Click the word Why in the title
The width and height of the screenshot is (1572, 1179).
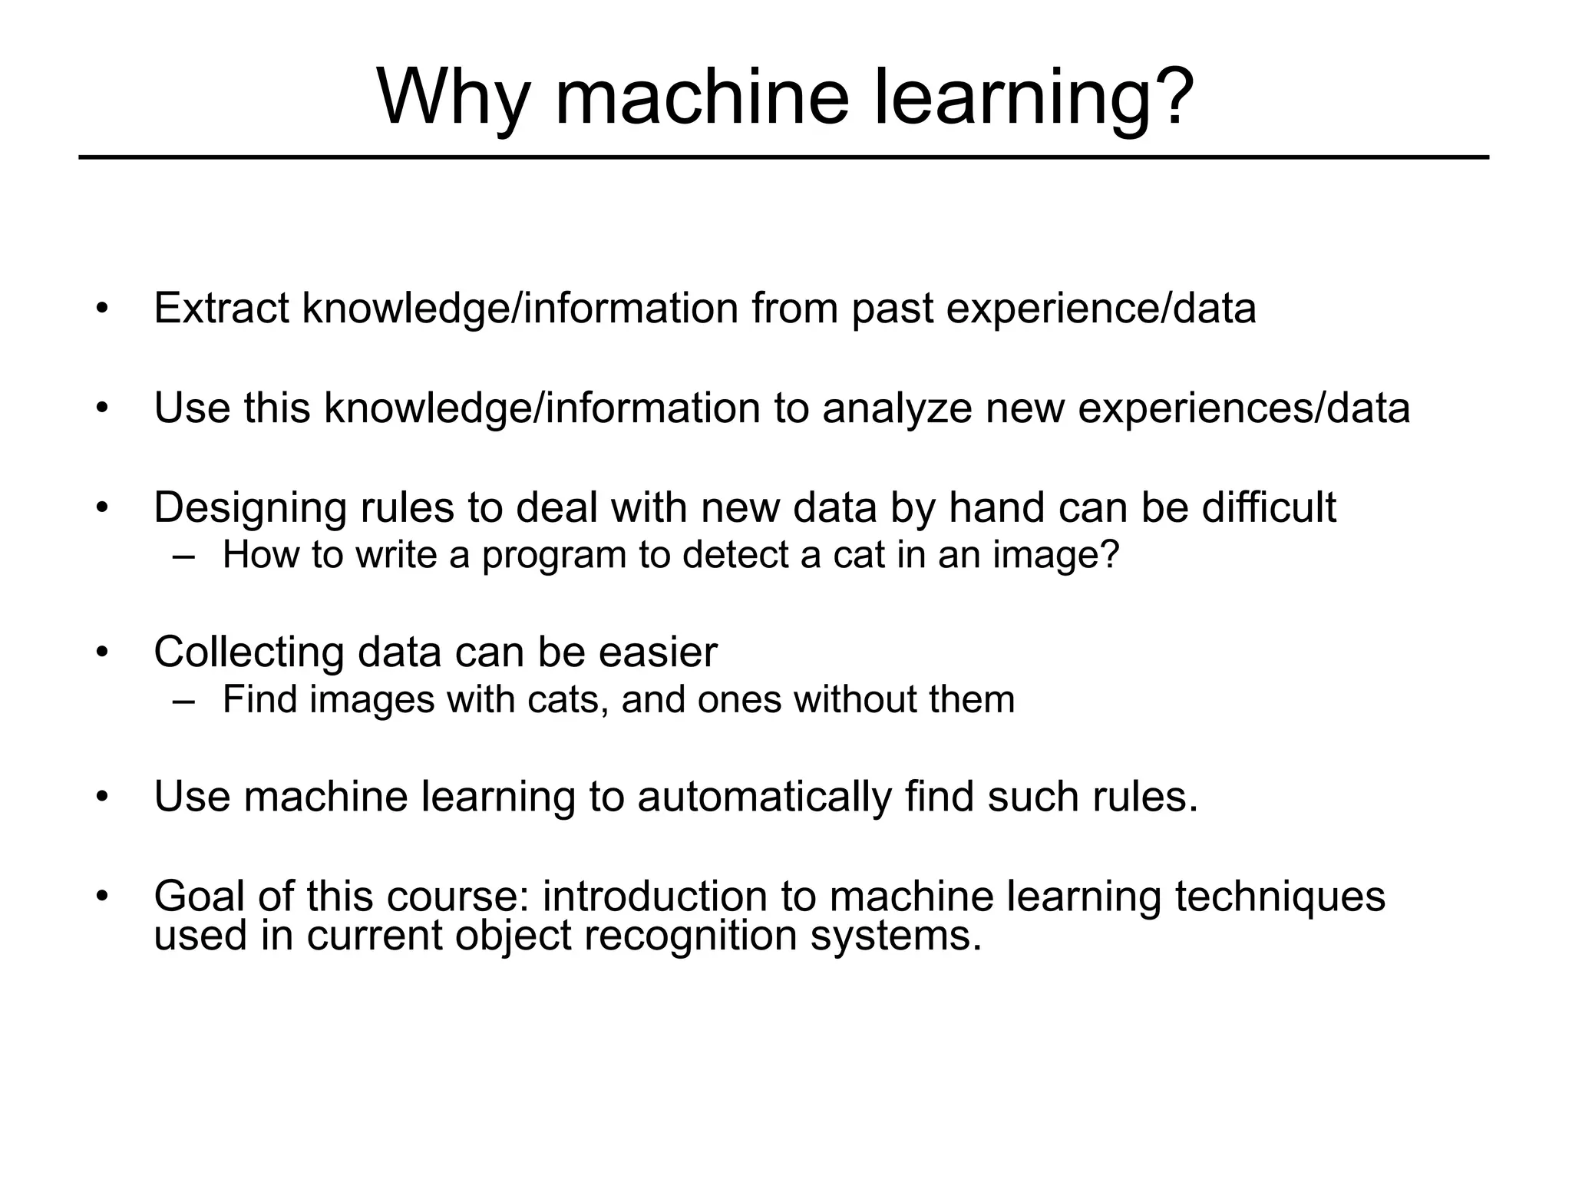[x=454, y=97]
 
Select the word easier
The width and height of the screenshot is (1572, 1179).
[x=658, y=652]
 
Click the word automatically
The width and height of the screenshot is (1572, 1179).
[x=765, y=798]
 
